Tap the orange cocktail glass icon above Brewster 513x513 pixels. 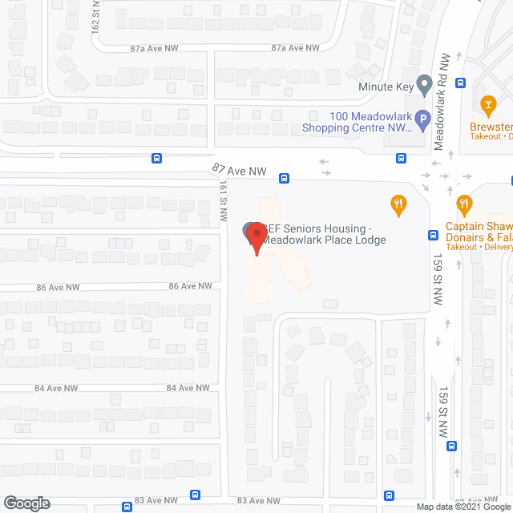486,104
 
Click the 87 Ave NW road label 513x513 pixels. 239,171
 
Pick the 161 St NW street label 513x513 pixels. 224,200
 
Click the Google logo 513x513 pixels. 26,503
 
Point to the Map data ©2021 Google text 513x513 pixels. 463,507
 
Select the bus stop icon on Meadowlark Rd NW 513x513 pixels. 461,82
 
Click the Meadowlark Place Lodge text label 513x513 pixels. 327,235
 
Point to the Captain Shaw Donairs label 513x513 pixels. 479,232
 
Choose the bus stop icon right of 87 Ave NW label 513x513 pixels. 285,178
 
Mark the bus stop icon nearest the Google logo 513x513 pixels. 127,507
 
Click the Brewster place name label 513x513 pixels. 491,127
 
